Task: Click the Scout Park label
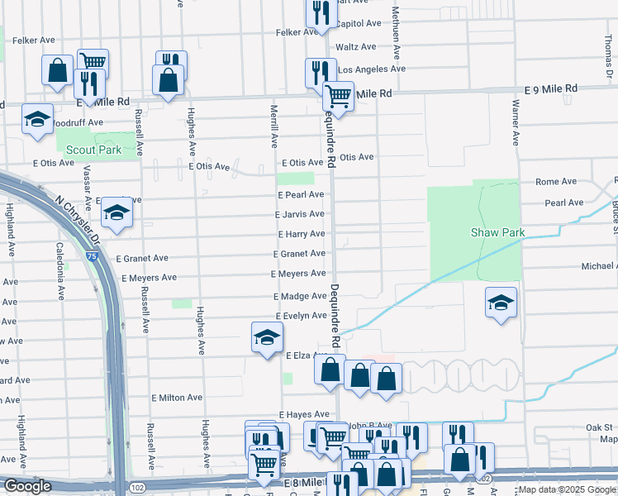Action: pos(93,150)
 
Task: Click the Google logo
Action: pos(27,486)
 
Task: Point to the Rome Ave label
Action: pos(556,182)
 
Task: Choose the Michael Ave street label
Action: pos(599,266)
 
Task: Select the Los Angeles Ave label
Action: pos(372,69)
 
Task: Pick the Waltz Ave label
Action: pos(356,47)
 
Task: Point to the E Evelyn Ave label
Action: pos(301,316)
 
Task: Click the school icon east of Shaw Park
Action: pos(500,303)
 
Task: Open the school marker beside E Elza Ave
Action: pos(267,337)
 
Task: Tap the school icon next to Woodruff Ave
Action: pos(37,119)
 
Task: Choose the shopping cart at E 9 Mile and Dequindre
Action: pos(338,96)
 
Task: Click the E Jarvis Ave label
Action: pos(300,214)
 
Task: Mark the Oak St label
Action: pos(601,427)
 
